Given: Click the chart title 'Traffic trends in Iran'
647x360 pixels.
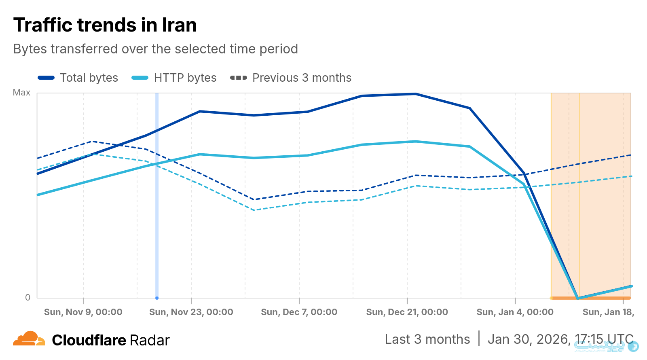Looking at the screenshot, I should click(105, 25).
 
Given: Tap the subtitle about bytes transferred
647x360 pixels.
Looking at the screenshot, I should click(156, 49).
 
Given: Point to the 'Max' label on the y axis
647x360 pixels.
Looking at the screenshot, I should click(21, 93).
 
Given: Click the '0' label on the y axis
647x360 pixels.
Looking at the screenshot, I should click(27, 298).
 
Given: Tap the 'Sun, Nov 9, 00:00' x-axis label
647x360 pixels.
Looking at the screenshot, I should click(83, 312).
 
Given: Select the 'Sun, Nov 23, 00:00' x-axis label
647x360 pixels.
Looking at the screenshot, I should click(191, 312).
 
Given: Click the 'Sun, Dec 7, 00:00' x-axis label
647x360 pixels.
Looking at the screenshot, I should click(299, 312).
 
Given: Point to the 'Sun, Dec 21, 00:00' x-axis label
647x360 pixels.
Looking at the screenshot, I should click(407, 312).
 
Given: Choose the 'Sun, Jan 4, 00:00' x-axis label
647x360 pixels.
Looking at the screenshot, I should click(515, 312).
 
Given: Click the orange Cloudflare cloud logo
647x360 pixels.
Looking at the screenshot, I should click(29, 339).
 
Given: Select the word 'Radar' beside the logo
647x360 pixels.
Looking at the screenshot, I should click(150, 341).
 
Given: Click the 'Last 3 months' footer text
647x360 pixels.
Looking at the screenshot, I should click(427, 339).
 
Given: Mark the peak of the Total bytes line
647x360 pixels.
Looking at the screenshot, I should click(415, 94).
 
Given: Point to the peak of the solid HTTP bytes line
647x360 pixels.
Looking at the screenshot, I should click(415, 142).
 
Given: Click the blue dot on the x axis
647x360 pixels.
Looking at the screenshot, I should click(157, 298).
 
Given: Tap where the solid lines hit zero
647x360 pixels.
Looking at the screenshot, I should click(578, 298).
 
